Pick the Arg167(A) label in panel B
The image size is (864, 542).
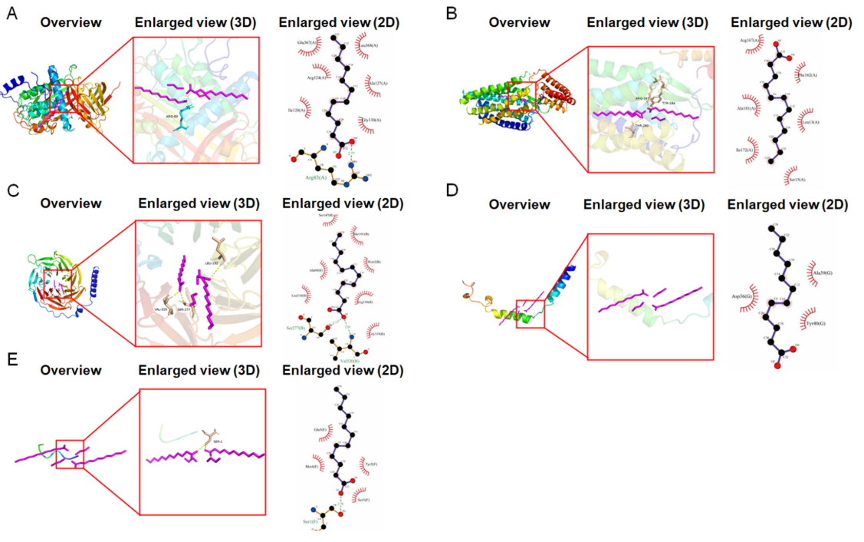click(749, 40)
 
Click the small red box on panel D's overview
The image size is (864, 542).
click(531, 315)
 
